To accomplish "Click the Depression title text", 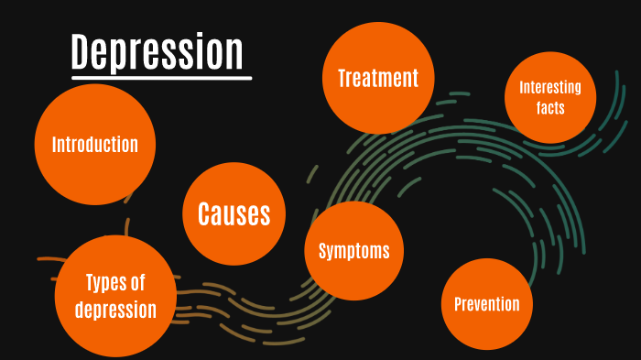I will pyautogui.click(x=158, y=52).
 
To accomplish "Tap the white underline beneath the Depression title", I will pyautogui.click(x=161, y=78).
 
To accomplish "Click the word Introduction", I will pyautogui.click(x=94, y=145).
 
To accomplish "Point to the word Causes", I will pyautogui.click(x=234, y=214).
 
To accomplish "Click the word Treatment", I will pyautogui.click(x=377, y=79).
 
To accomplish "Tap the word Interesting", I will pyautogui.click(x=550, y=88).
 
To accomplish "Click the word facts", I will pyautogui.click(x=550, y=108).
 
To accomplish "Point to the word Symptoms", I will pyautogui.click(x=353, y=251).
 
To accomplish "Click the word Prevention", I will pyautogui.click(x=486, y=304).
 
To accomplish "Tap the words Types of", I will pyautogui.click(x=114, y=282).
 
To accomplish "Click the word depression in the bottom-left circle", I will pyautogui.click(x=114, y=310).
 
